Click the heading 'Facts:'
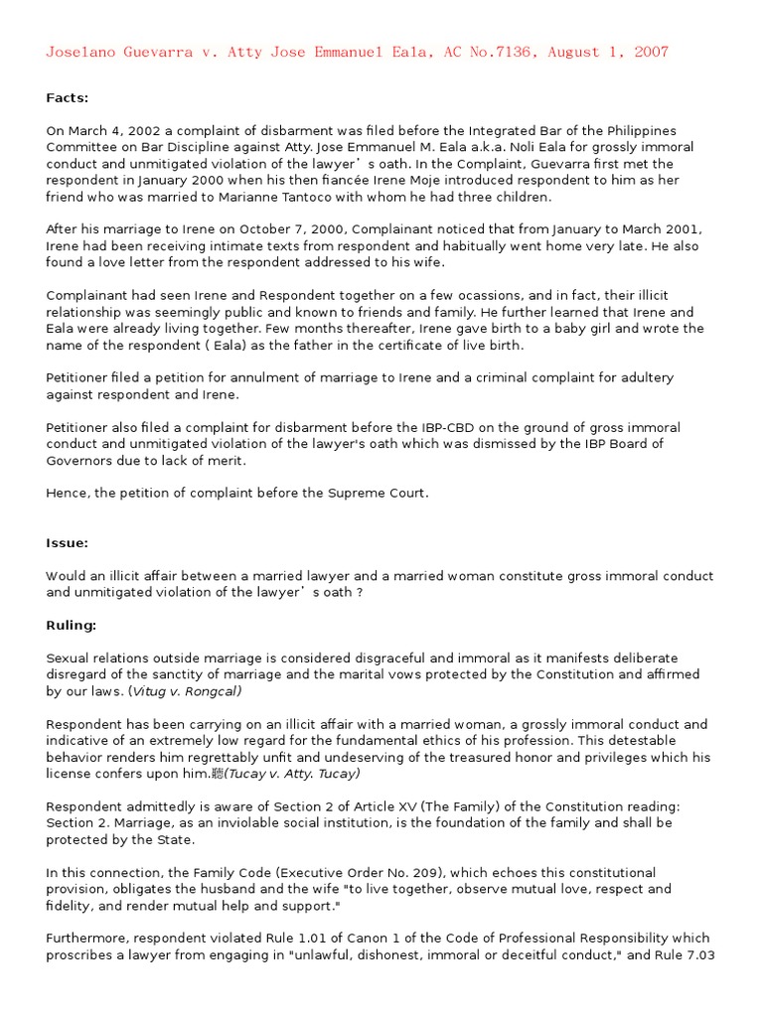(68, 98)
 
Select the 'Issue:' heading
(68, 543)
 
